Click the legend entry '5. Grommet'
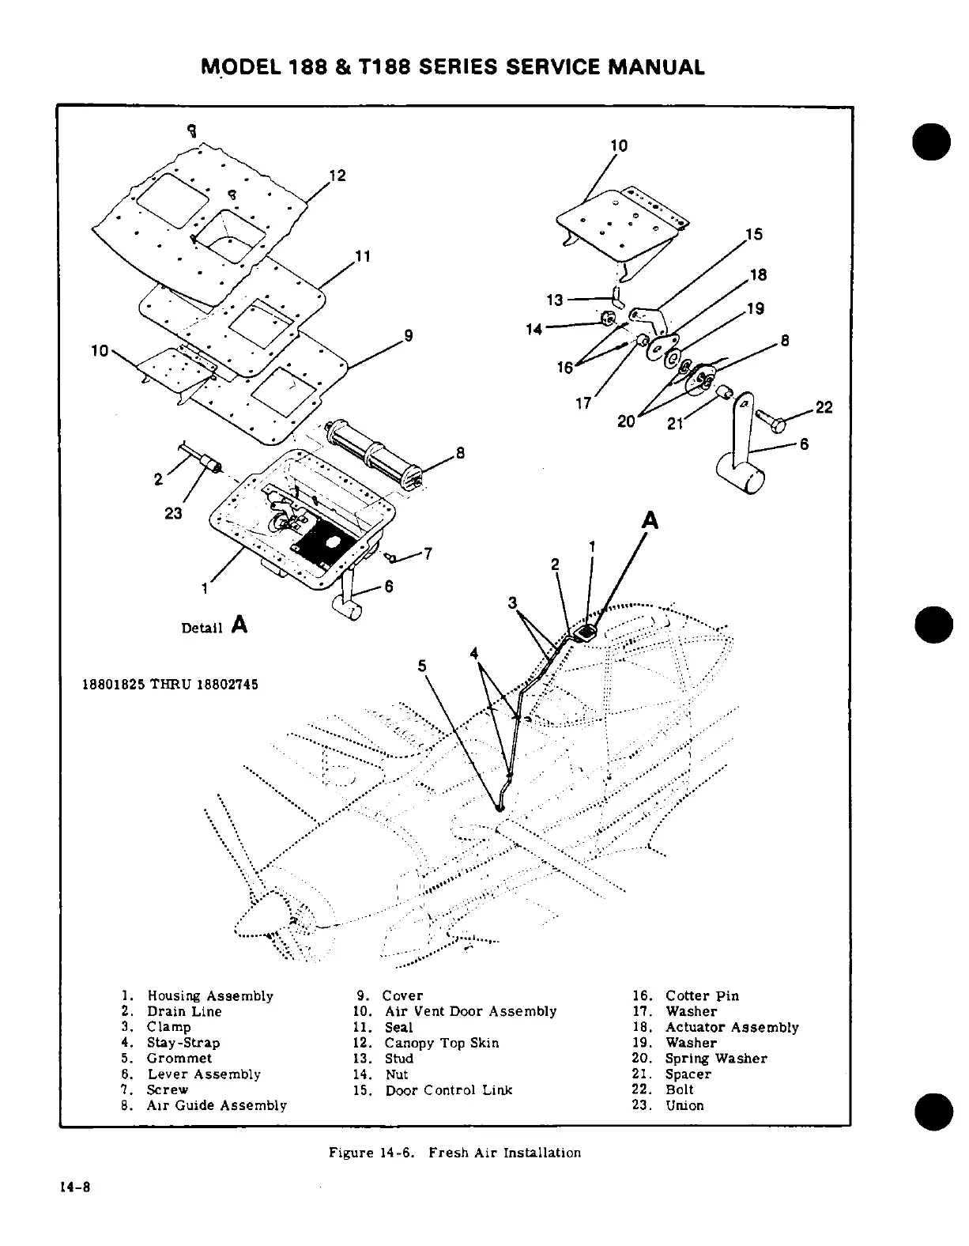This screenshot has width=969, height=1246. (x=167, y=1058)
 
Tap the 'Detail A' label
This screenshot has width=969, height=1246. (x=214, y=626)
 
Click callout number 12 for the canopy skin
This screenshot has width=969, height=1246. (x=337, y=176)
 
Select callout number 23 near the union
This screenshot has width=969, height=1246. (x=173, y=513)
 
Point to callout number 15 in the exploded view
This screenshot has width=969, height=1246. (x=753, y=234)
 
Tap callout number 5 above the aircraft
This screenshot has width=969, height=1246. (x=422, y=666)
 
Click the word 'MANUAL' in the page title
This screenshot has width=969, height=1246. (x=654, y=67)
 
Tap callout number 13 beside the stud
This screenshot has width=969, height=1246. (x=555, y=300)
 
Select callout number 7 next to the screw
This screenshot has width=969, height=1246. (x=427, y=553)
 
